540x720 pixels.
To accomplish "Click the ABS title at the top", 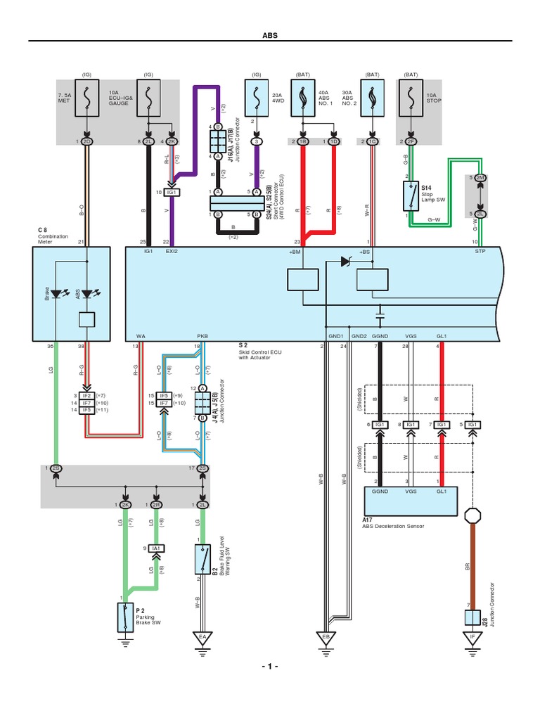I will pyautogui.click(x=271, y=34).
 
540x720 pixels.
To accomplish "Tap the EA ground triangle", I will pyautogui.click(x=202, y=637).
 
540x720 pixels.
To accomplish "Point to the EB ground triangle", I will pyautogui.click(x=326, y=637).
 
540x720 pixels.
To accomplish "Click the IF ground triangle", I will pyautogui.click(x=472, y=637).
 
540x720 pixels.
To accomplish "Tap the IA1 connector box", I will pyautogui.click(x=156, y=548).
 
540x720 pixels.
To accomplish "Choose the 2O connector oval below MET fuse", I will pyautogui.click(x=87, y=141).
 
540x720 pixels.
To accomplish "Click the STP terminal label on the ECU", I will pyautogui.click(x=480, y=251).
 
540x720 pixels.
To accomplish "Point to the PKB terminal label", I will pyautogui.click(x=202, y=337).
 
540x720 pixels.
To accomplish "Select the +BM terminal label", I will pyautogui.click(x=295, y=251).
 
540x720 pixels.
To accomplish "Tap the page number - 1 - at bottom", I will pyautogui.click(x=270, y=665).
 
